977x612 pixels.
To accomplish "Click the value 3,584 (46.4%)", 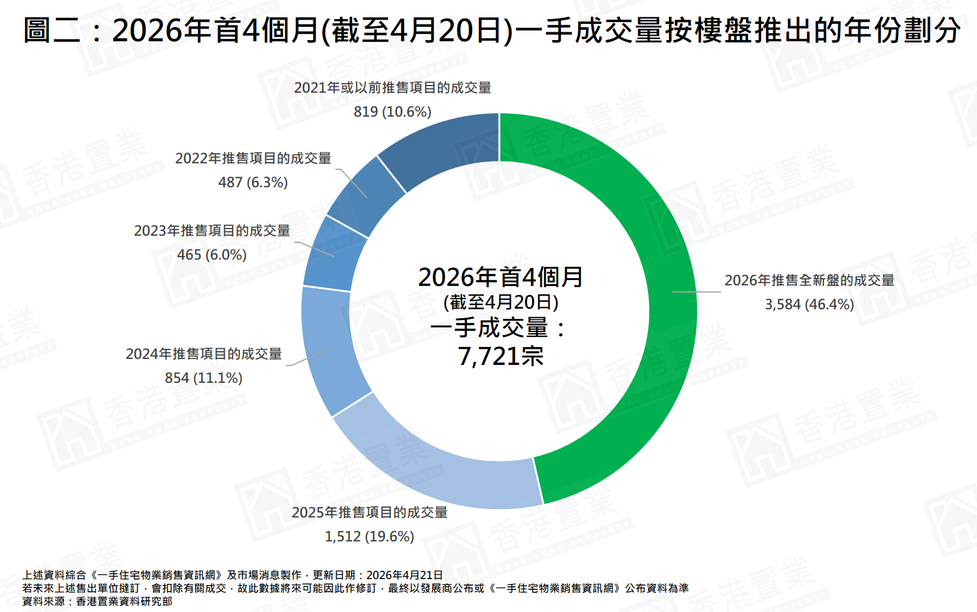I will pyautogui.click(x=809, y=305).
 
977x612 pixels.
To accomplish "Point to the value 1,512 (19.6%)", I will pyautogui.click(x=369, y=537).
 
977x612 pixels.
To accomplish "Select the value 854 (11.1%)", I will pyautogui.click(x=203, y=378).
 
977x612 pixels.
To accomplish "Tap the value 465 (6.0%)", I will pyautogui.click(x=212, y=255).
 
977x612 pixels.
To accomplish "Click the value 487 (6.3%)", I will pyautogui.click(x=253, y=182).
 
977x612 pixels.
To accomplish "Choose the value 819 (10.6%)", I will pyautogui.click(x=392, y=112).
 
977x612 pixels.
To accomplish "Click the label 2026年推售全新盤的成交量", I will pyautogui.click(x=809, y=280).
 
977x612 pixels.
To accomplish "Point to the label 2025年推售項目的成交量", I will pyautogui.click(x=370, y=513).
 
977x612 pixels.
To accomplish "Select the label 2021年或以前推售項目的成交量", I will pyautogui.click(x=392, y=88).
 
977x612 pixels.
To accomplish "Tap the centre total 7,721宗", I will pyautogui.click(x=500, y=357).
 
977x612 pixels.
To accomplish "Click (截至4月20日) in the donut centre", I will pyautogui.click(x=500, y=302).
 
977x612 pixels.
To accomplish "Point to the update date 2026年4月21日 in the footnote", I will pyautogui.click(x=404, y=575).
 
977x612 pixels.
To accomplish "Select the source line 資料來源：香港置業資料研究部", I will pyautogui.click(x=97, y=601).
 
